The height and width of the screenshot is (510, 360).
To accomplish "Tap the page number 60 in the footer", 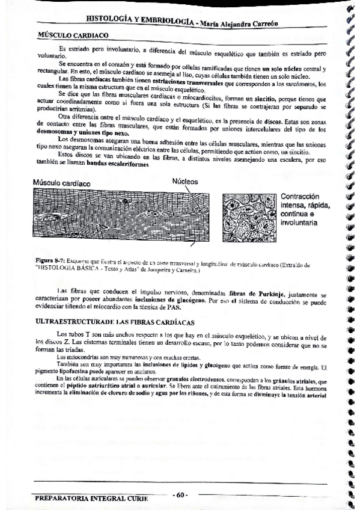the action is pos(181,494).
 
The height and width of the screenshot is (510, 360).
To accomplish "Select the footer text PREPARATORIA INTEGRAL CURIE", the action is pos(91,499).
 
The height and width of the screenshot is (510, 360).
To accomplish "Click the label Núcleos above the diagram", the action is pos(185,181).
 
